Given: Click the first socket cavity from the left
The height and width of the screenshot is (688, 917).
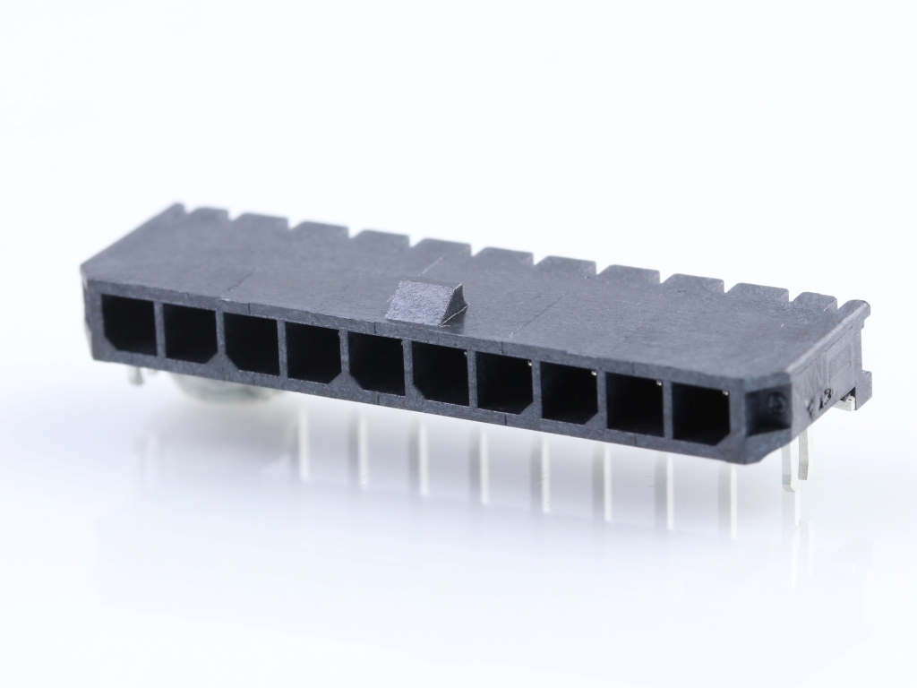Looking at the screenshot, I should point(128,324).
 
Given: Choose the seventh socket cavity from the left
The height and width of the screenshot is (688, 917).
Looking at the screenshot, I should point(505,384).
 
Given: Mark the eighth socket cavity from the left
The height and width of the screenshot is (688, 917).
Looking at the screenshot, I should point(569,394).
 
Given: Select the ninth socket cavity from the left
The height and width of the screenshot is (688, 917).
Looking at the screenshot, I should point(634,405).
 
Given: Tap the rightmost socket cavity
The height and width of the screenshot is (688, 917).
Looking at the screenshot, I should point(700,415).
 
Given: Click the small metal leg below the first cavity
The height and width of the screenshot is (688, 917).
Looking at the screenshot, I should point(135,375).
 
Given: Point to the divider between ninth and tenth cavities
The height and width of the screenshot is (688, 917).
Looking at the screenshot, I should point(667,410).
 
